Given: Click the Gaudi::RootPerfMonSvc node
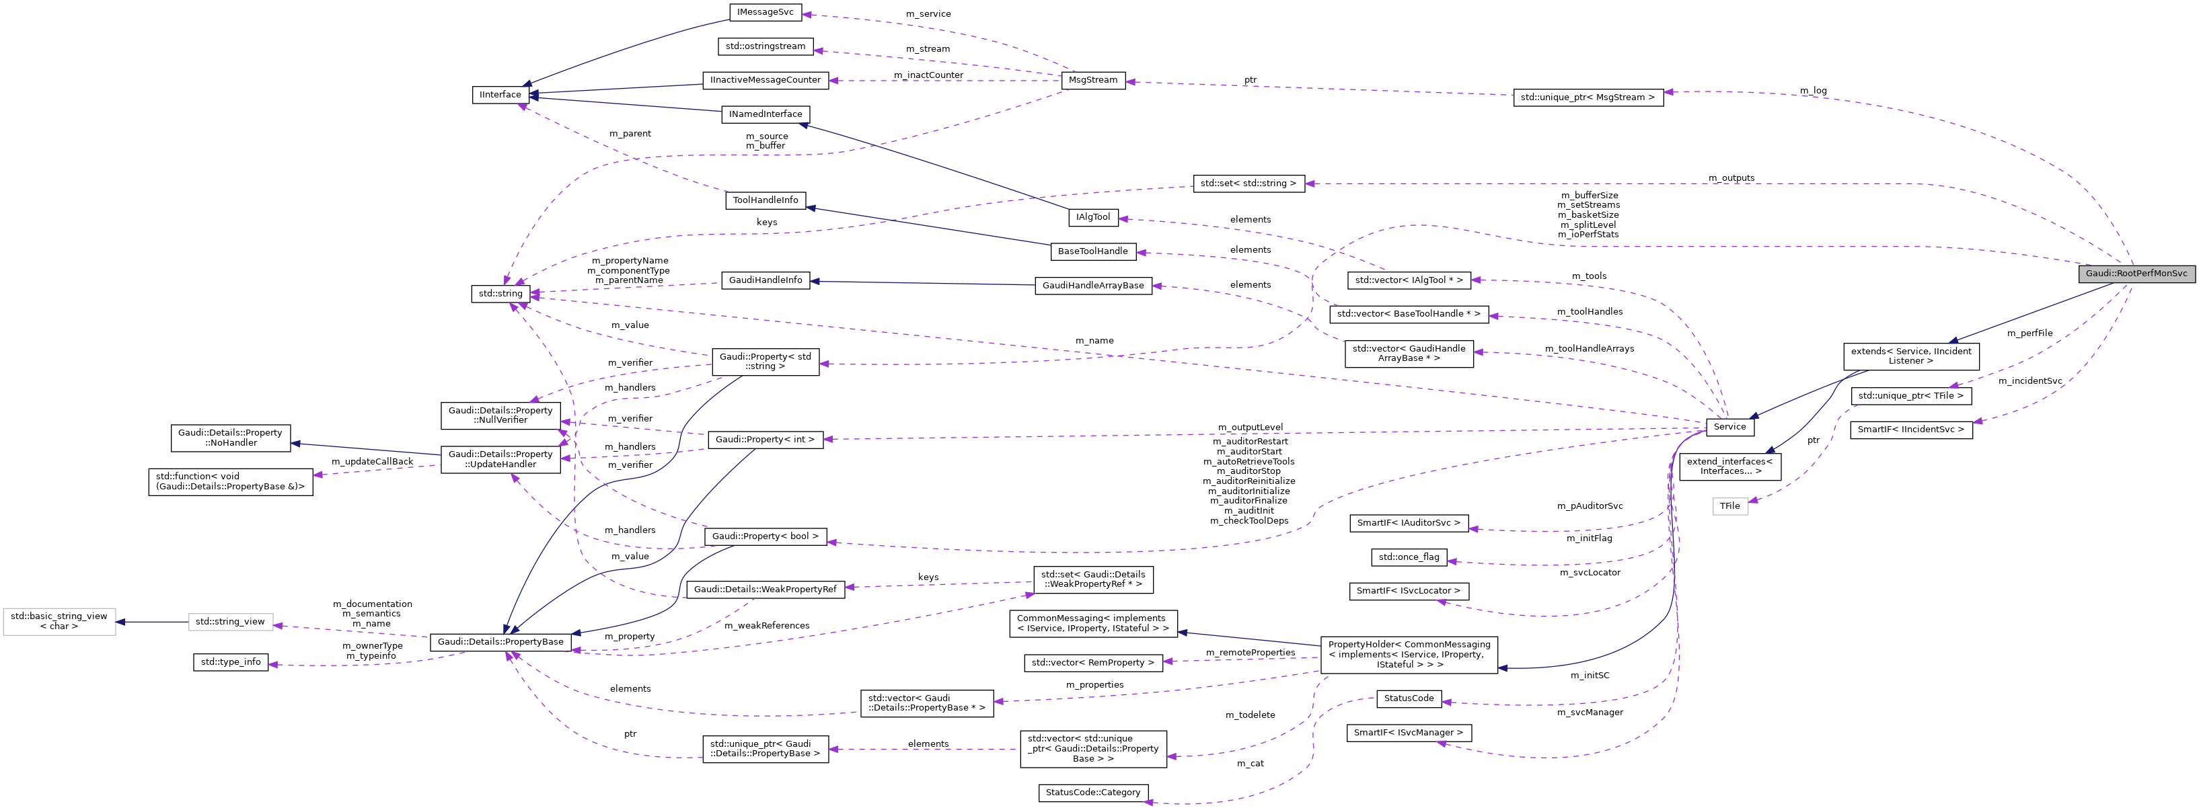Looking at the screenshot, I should (2136, 274).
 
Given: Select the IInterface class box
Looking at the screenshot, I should (500, 95).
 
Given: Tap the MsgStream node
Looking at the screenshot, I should (1092, 80).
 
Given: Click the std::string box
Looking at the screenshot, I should (500, 294).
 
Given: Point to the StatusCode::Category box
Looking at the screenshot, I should (1092, 793).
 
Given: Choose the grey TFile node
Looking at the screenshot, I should (1729, 506).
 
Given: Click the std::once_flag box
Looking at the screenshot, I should (1409, 557).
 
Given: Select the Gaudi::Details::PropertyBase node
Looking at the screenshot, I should (500, 641).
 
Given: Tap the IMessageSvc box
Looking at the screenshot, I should (766, 12).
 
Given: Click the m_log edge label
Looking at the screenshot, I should (1813, 91).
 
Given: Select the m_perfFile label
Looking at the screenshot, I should (2029, 333).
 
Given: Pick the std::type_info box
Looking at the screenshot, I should (231, 662).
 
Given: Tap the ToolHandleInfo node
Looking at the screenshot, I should (766, 200).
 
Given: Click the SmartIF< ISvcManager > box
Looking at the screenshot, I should (1409, 733).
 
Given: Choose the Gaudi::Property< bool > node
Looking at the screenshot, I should (765, 536).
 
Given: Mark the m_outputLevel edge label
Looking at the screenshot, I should (1250, 428).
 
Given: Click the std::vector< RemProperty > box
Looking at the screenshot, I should (1092, 663).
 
